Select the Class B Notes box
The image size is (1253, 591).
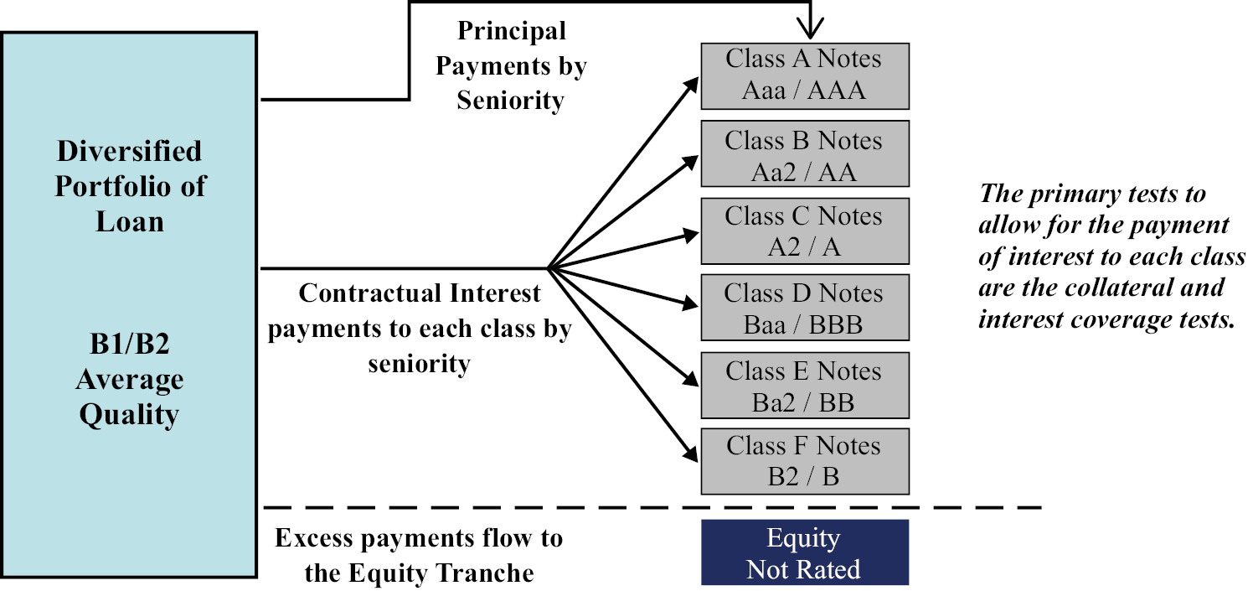[x=804, y=154]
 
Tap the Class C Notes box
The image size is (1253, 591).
[x=804, y=231]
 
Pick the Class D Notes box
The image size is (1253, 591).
[x=804, y=308]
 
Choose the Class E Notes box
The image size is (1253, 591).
[x=804, y=385]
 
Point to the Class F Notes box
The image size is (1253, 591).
[x=804, y=460]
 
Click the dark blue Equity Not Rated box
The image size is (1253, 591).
[x=804, y=552]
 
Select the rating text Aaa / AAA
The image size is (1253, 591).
[x=804, y=90]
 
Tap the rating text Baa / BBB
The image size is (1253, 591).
[x=804, y=324]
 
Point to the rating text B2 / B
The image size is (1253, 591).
[x=804, y=477]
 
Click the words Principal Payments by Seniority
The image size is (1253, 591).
[x=511, y=65]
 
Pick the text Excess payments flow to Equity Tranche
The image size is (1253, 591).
[x=419, y=555]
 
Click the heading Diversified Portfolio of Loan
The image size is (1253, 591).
[x=130, y=186]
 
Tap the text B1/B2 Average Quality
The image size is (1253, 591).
[x=130, y=380]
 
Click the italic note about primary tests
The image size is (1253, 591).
[x=1110, y=258]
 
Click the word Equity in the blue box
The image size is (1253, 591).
[x=803, y=538]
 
